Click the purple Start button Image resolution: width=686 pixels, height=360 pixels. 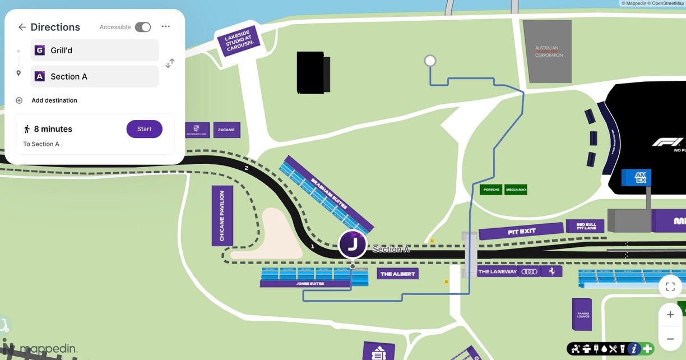(x=144, y=129)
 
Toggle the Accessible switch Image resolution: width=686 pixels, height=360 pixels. (x=143, y=27)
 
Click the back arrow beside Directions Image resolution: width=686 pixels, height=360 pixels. (x=22, y=27)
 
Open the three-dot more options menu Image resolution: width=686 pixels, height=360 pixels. (x=165, y=26)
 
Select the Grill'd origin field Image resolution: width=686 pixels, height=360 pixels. (x=95, y=50)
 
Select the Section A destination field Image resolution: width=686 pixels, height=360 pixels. (x=95, y=76)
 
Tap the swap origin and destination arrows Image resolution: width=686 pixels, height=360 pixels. (x=170, y=63)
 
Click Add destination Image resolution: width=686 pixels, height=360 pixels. (x=54, y=100)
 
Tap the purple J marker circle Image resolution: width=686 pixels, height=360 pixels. (x=353, y=244)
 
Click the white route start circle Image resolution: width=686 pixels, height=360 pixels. (x=430, y=61)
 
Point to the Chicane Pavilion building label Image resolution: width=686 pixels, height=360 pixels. (x=222, y=216)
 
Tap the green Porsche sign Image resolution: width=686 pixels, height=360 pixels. (x=491, y=190)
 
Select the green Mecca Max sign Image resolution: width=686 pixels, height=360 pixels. (x=516, y=190)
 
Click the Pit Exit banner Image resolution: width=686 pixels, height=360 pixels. (x=521, y=231)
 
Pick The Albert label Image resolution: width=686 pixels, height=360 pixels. (x=397, y=274)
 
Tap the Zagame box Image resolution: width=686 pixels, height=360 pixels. (x=226, y=130)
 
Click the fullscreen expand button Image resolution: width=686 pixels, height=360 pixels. (x=670, y=287)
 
